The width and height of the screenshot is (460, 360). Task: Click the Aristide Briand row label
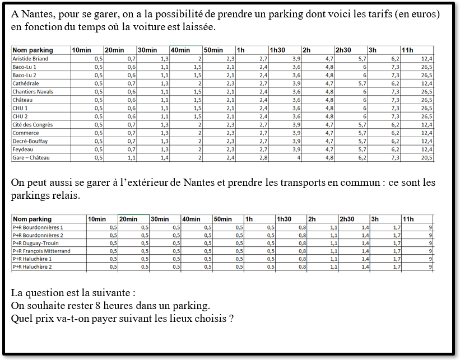(30, 59)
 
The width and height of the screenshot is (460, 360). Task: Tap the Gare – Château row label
(31, 158)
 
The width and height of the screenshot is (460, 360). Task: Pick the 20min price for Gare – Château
(131, 158)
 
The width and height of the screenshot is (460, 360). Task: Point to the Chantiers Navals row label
(32, 92)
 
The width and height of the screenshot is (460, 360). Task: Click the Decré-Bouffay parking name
(30, 142)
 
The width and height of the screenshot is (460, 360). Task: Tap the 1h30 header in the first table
(277, 50)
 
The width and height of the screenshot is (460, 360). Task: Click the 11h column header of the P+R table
(408, 219)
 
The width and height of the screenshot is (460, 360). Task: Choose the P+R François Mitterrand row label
(41, 251)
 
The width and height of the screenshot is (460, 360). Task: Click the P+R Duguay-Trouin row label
(35, 244)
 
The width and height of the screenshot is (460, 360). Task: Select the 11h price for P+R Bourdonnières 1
(430, 227)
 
